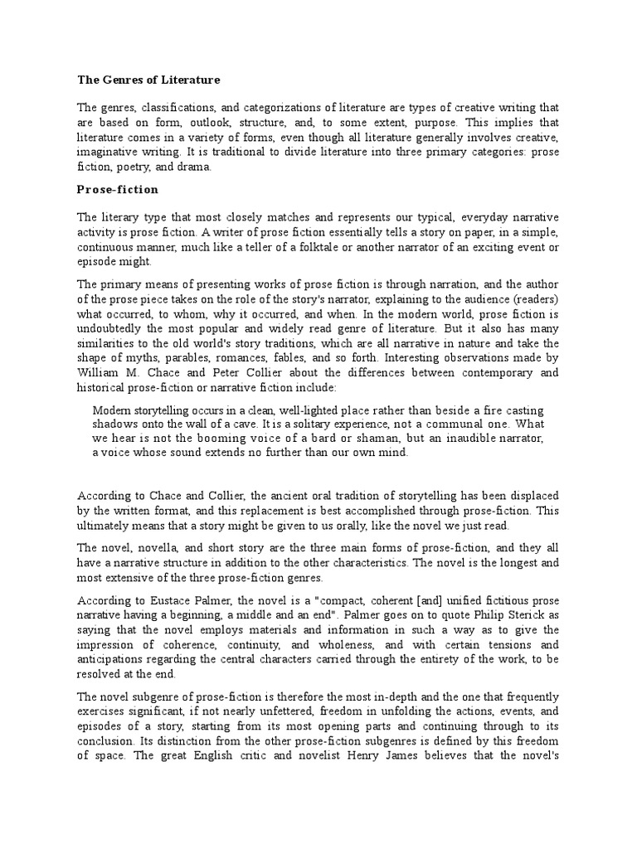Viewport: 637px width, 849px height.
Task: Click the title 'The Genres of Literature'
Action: (x=149, y=80)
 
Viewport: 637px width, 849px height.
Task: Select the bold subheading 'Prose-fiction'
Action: (x=118, y=189)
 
